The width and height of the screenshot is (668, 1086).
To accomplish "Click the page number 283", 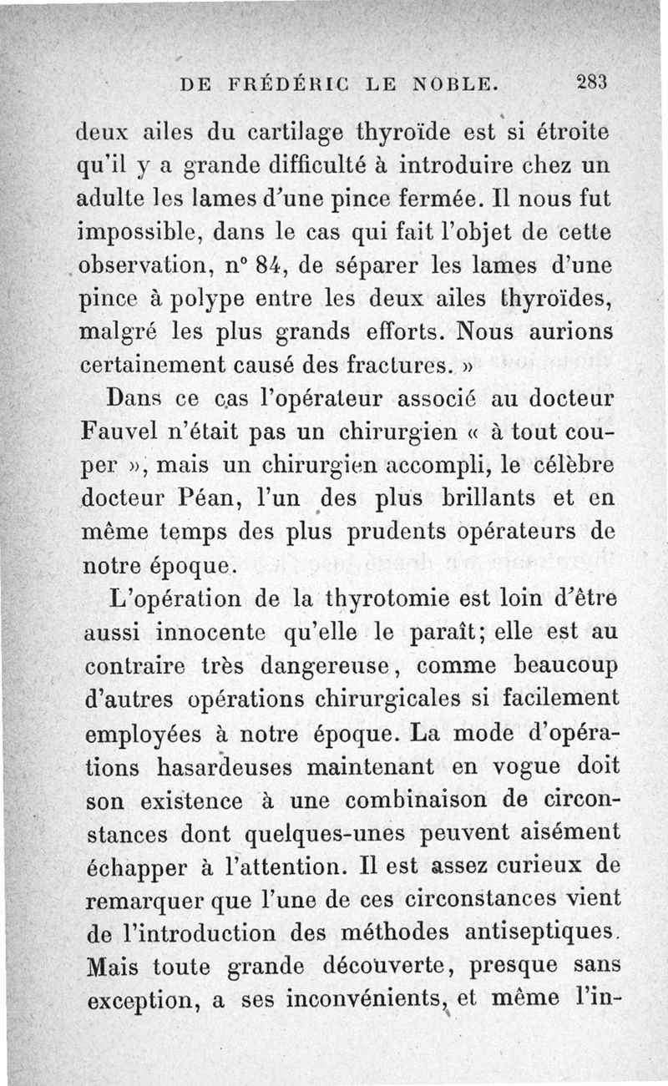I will tap(590, 83).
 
